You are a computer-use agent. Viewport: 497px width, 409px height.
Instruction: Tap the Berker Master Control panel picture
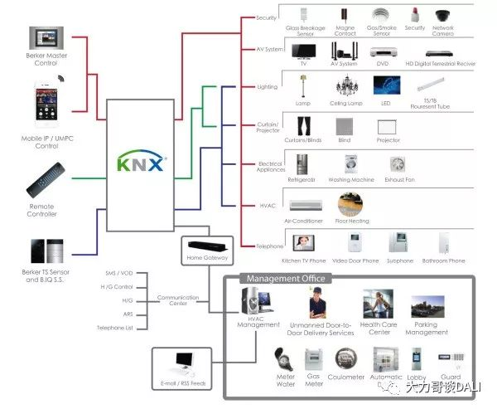click(46, 40)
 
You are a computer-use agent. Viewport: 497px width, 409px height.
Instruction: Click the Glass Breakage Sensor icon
click(304, 16)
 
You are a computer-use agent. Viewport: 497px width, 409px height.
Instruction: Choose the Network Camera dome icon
click(442, 15)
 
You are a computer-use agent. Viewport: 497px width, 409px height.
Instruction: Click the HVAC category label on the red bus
click(267, 205)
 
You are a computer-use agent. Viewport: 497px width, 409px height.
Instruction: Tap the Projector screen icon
click(388, 127)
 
